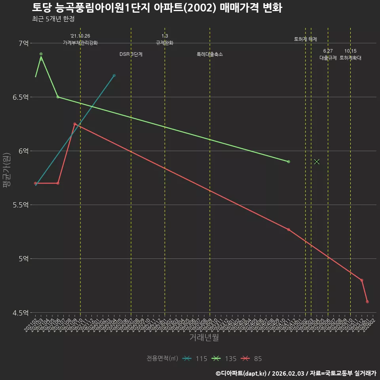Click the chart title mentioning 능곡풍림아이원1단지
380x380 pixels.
[157, 8]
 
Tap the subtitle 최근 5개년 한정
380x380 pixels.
[53, 19]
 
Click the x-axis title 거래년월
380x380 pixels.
[204, 338]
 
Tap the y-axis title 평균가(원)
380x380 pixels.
[6, 170]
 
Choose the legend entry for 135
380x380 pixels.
[224, 359]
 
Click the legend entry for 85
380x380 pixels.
[252, 359]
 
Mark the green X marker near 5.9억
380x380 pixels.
[317, 161]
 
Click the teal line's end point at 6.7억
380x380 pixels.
[114, 75]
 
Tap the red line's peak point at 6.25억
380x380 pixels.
[75, 124]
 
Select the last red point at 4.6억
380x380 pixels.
[367, 302]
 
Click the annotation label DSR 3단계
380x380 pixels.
[131, 54]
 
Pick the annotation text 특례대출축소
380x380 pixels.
[210, 54]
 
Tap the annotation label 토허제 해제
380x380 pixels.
[305, 39]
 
